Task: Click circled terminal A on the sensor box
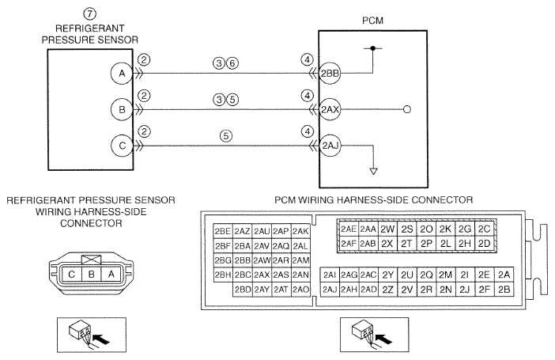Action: point(122,74)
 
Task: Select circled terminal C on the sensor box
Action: point(122,146)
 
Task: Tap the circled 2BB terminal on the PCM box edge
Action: point(330,74)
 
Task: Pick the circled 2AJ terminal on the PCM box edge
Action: point(330,146)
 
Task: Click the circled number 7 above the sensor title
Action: point(89,13)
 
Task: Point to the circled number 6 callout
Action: point(232,63)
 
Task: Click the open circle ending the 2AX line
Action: point(407,109)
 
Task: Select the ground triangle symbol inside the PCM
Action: point(373,171)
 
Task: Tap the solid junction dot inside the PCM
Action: point(372,47)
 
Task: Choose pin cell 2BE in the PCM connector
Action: point(223,231)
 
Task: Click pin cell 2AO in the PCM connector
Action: point(300,290)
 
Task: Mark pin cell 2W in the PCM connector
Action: point(387,229)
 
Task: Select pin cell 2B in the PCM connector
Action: point(504,290)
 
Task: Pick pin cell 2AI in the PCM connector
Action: point(330,275)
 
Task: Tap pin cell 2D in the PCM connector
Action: point(484,244)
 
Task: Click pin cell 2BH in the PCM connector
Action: point(223,275)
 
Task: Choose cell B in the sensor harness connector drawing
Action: point(92,275)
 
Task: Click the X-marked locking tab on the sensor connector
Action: point(92,260)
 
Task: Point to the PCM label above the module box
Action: point(372,21)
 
